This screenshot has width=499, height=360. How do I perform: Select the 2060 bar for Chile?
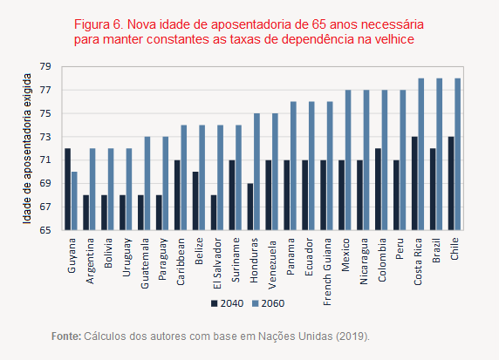(458, 153)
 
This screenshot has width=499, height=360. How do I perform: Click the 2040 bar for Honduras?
(250, 207)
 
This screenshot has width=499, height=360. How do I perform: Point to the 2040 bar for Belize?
(196, 200)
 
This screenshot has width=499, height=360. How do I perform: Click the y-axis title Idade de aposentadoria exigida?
(27, 148)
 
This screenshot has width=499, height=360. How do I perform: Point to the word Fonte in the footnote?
(65, 336)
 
